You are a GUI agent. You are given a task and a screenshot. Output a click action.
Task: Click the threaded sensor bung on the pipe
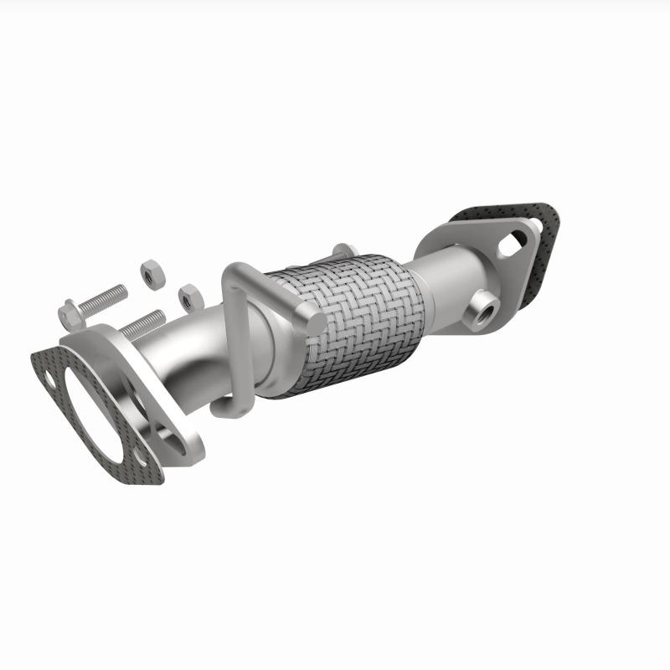tap(483, 307)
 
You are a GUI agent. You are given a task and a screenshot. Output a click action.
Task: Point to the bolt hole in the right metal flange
tap(512, 244)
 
